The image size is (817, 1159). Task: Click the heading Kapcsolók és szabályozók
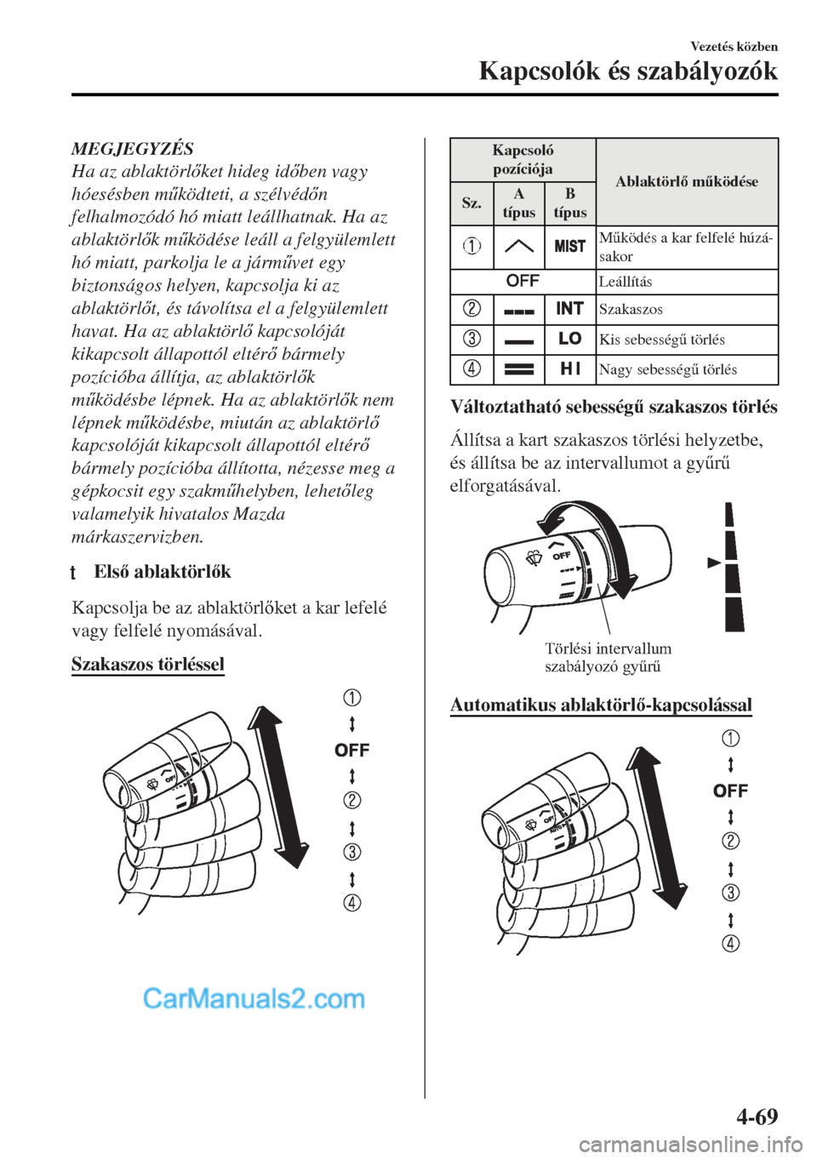tap(628, 71)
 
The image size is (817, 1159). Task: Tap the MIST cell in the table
tap(569, 246)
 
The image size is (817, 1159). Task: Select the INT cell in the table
tap(569, 308)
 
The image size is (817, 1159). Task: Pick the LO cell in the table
tap(569, 339)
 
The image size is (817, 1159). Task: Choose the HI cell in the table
tap(569, 368)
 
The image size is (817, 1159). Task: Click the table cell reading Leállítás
tap(625, 281)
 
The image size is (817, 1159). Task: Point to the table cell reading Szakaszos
tap(631, 309)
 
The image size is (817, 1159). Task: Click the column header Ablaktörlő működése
tap(686, 181)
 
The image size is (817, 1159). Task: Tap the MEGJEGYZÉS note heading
tap(132, 148)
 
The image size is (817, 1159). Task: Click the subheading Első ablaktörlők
tap(162, 571)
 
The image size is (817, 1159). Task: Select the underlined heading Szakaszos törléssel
tap(147, 664)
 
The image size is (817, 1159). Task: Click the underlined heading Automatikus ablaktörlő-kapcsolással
tap(600, 705)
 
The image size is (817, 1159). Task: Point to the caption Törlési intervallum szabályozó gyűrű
tap(608, 657)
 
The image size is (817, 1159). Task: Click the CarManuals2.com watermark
tap(254, 997)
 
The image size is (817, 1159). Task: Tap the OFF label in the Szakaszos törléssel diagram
tap(352, 750)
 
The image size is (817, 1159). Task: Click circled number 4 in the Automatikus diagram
tap(731, 943)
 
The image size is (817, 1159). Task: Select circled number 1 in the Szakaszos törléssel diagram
tap(352, 699)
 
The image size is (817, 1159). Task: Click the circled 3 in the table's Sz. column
tap(471, 339)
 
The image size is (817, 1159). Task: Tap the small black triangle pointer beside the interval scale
tap(713, 563)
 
